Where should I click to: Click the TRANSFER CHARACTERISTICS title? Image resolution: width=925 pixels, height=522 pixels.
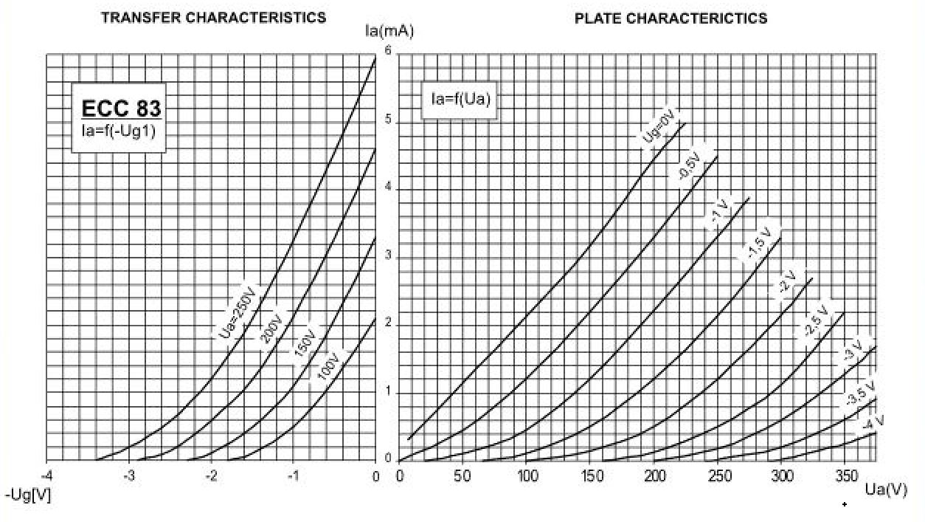coord(213,18)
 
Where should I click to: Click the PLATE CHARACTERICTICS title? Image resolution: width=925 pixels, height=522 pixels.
coord(671,18)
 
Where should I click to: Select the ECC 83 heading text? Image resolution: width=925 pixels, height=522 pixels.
coord(121,109)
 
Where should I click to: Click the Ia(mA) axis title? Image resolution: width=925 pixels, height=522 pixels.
coord(389,31)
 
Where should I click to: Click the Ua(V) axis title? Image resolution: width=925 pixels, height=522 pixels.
coord(885,490)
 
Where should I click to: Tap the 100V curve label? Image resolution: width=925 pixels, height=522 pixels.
coord(328,367)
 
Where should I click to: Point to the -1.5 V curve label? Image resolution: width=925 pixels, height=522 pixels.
coord(760,241)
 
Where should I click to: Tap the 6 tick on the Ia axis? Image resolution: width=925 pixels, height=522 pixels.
coord(387,50)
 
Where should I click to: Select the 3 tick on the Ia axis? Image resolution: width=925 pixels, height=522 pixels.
coord(387,256)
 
